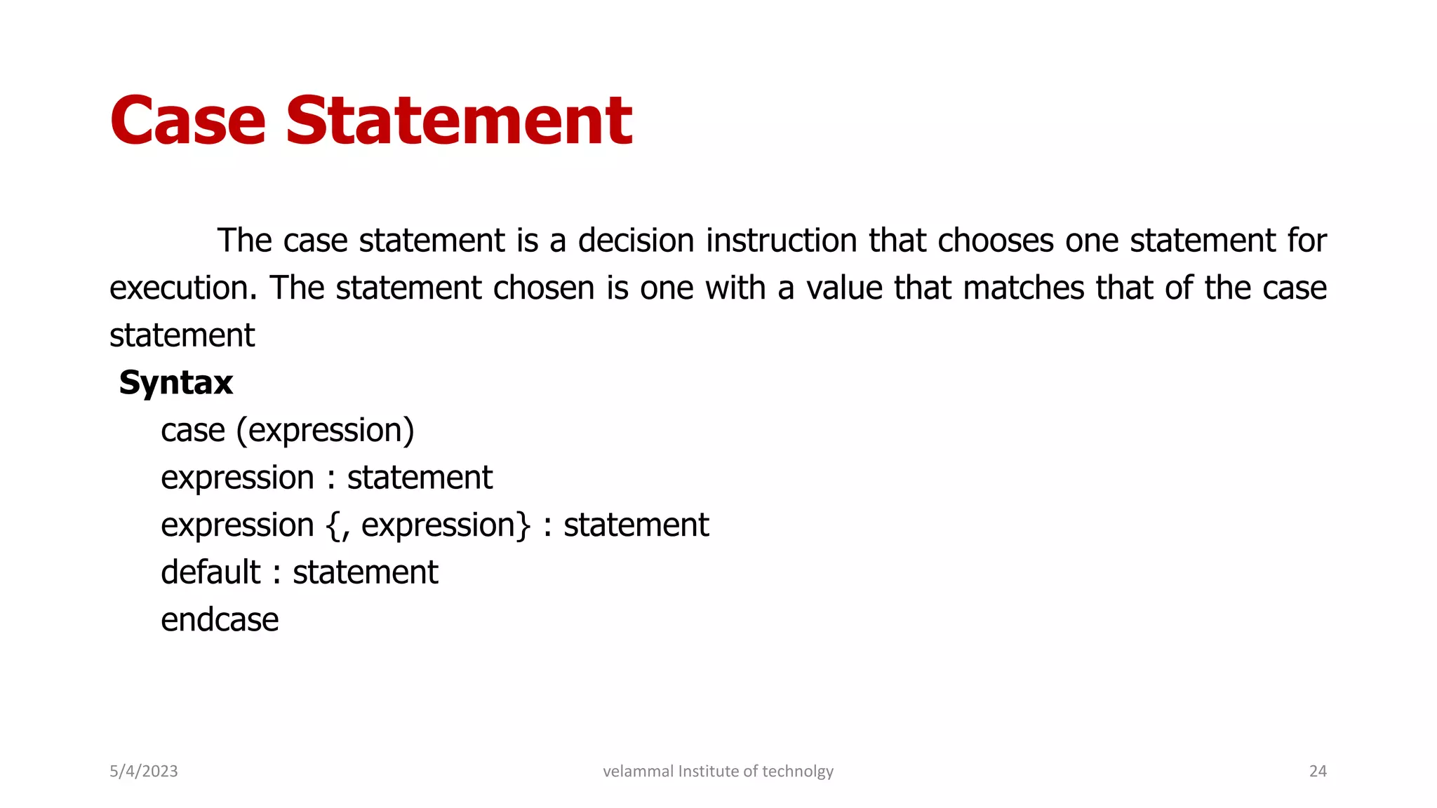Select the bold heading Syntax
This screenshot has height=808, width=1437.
click(x=175, y=383)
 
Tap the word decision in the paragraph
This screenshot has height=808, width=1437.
click(x=636, y=241)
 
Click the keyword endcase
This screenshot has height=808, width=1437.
click(x=220, y=620)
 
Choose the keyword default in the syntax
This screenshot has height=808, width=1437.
click(x=210, y=572)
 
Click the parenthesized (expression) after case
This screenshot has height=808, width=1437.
click(x=326, y=431)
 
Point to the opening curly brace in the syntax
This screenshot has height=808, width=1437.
click(x=333, y=526)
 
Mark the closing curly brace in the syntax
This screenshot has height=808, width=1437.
click(x=523, y=526)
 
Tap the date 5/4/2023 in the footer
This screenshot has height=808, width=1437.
click(x=144, y=772)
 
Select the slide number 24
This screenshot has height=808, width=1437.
click(x=1318, y=772)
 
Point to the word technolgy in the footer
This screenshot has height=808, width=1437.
click(x=798, y=772)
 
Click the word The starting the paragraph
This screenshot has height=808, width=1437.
click(x=244, y=241)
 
